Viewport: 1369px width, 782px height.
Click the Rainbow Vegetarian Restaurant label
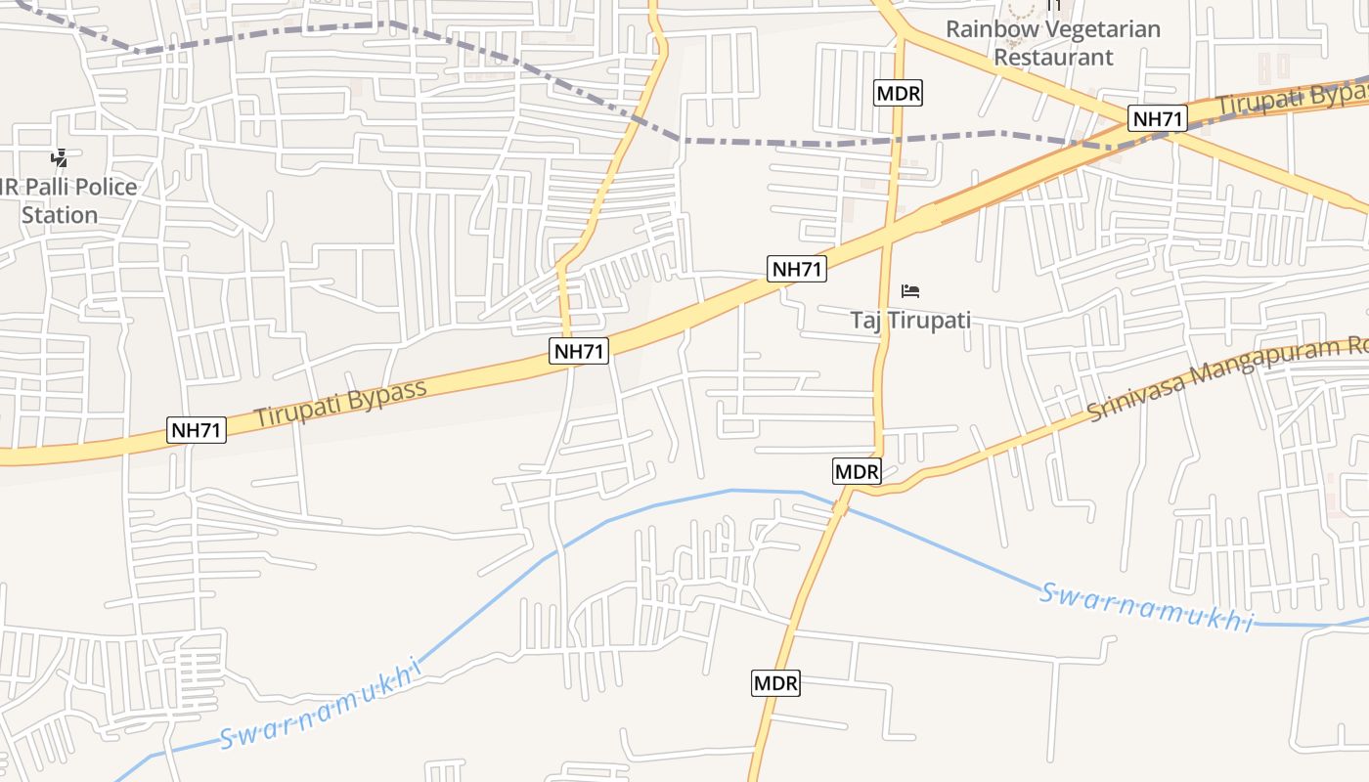1053,43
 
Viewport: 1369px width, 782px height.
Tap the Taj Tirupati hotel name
909,321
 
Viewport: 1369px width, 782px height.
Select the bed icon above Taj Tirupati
910,290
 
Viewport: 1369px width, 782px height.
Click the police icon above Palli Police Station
59,157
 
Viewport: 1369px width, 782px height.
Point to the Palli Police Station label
68,200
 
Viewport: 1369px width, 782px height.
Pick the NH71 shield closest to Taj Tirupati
797,269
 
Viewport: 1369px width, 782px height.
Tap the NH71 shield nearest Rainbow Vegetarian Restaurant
1157,119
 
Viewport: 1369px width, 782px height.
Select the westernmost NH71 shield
197,429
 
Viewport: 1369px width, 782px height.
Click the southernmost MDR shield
775,683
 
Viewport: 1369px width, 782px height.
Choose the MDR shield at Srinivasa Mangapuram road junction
857,471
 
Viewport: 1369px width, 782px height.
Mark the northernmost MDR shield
898,93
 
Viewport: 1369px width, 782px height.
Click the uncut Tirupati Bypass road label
341,403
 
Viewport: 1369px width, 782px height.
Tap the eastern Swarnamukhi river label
1145,606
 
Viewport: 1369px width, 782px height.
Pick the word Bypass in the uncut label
385,393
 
